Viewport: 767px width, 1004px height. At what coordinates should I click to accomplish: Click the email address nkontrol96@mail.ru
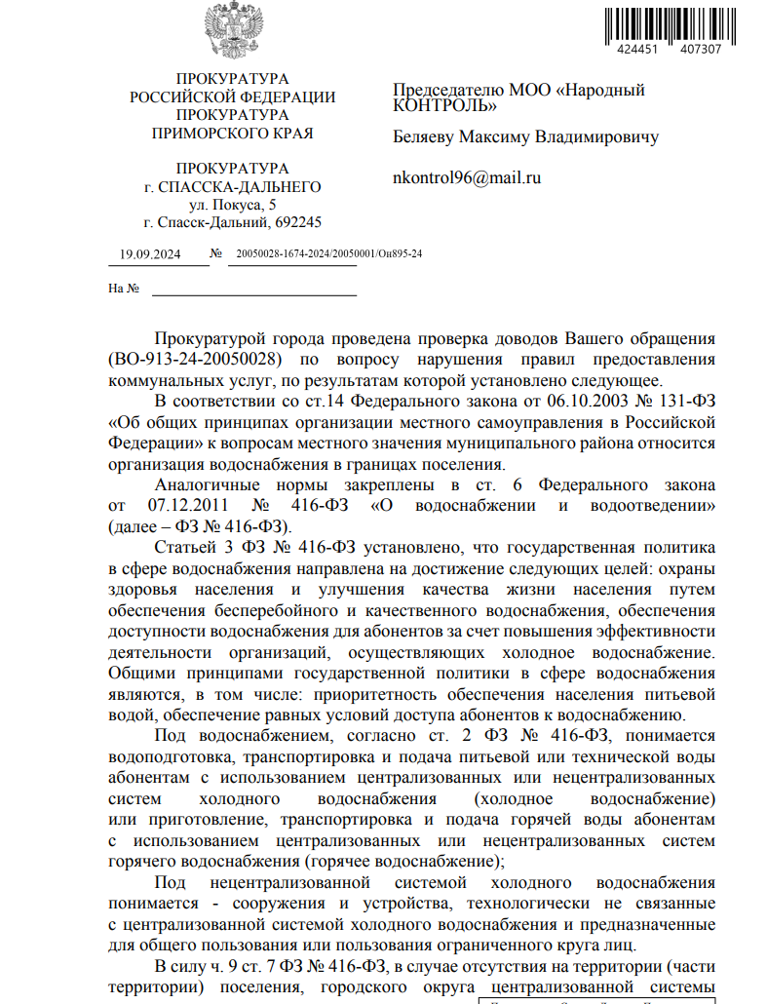point(466,177)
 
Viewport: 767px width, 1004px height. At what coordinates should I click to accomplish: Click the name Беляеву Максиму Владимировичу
point(526,136)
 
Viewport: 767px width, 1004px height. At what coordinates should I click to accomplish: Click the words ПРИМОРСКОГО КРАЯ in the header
point(233,134)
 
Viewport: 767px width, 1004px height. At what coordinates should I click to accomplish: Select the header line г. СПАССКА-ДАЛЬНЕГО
point(233,186)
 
